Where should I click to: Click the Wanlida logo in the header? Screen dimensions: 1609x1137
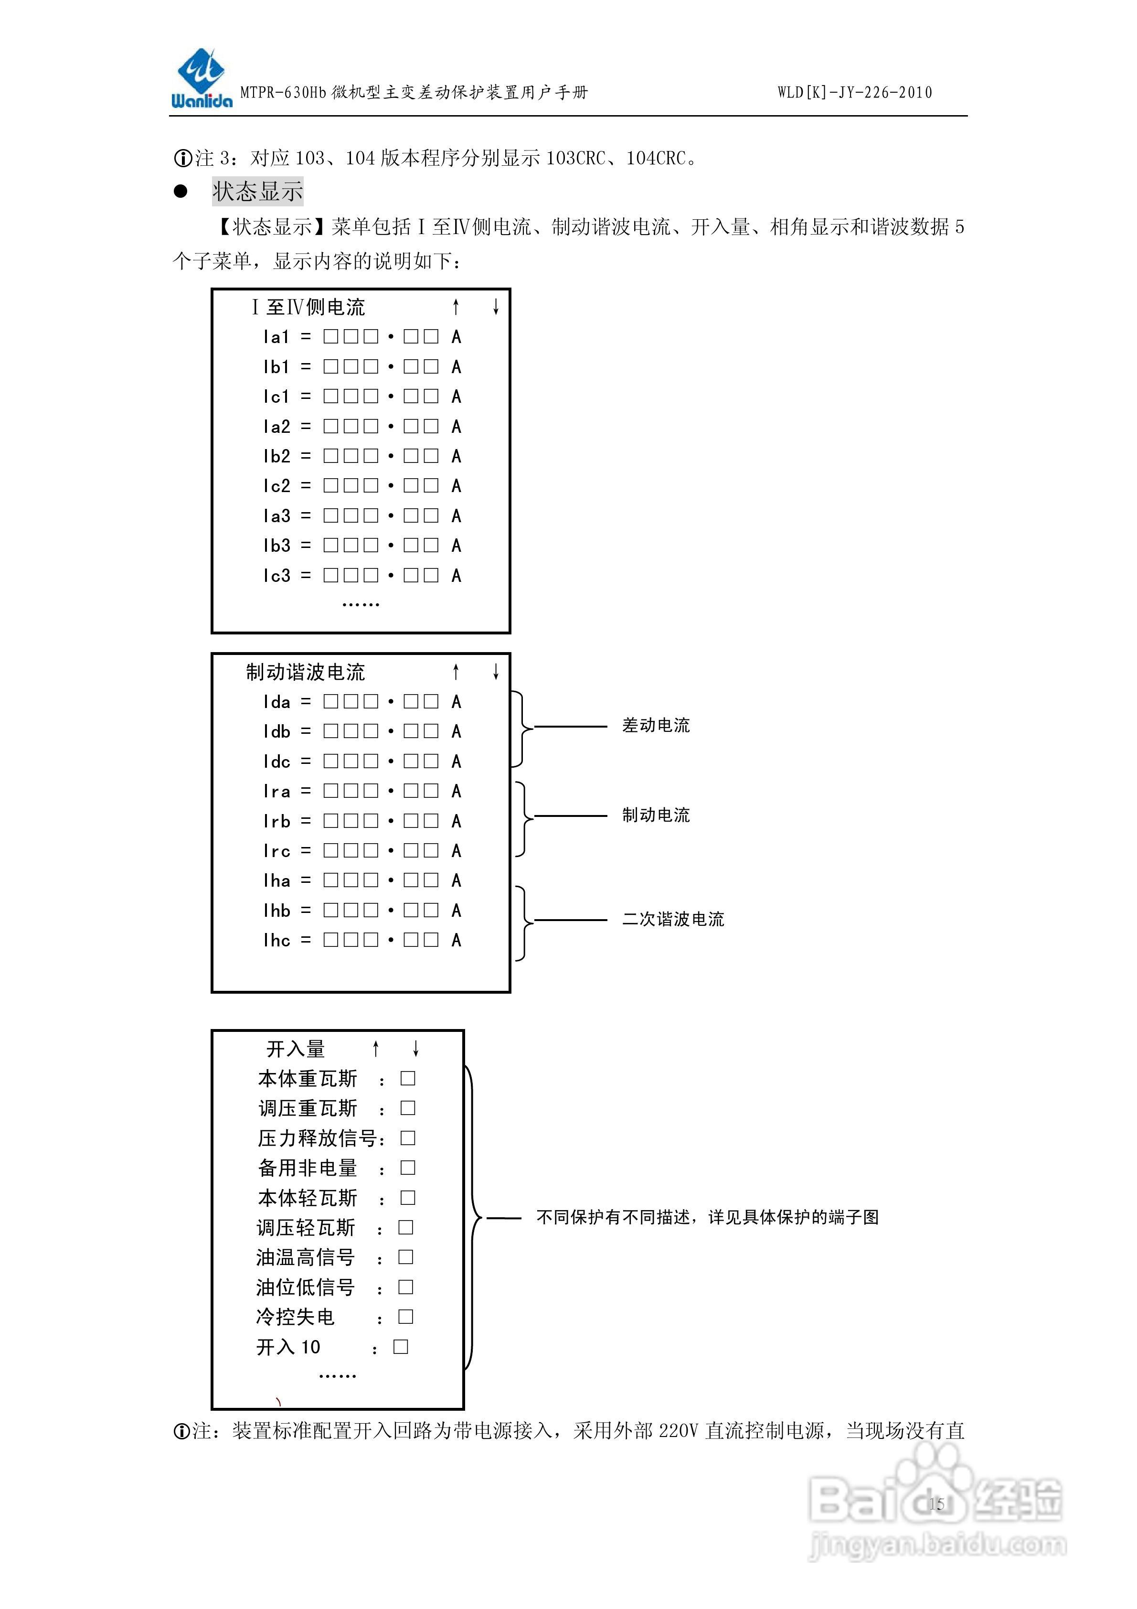[201, 78]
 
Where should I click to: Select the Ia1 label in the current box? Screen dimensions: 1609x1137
[276, 337]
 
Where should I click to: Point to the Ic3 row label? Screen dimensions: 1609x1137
[276, 575]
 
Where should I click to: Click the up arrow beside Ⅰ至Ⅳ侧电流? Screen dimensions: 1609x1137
[456, 306]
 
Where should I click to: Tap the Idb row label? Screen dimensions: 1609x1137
[276, 731]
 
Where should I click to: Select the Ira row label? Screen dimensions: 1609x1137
[276, 791]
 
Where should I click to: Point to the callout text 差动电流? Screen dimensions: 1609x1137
[656, 725]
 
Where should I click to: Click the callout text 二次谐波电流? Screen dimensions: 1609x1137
[672, 919]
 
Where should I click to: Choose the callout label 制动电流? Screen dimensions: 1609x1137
[656, 815]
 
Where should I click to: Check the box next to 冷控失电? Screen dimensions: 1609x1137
[405, 1317]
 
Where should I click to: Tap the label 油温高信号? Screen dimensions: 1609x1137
[306, 1257]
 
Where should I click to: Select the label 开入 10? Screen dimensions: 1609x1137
[288, 1347]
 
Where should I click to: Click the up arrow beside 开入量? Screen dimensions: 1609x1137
[376, 1048]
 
